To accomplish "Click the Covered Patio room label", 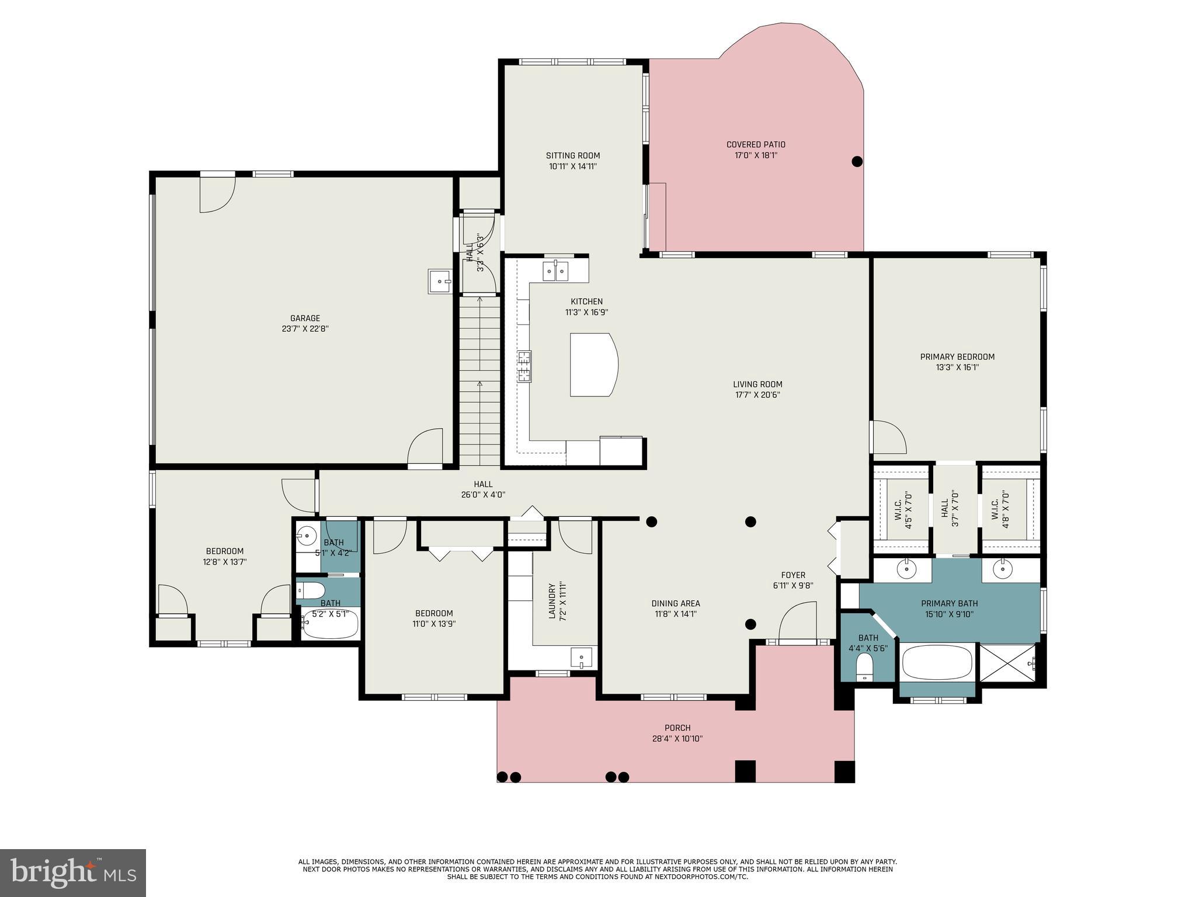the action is click(756, 144).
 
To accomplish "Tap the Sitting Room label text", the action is click(573, 155).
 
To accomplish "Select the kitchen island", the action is click(593, 365).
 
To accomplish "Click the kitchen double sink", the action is click(555, 271).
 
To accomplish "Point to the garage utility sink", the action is click(440, 281).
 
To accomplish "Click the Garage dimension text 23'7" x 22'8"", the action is click(305, 329).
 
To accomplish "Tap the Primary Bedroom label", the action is click(957, 357).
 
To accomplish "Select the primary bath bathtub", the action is click(937, 662).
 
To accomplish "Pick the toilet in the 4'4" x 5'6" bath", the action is click(864, 666).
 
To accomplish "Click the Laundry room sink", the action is click(582, 658).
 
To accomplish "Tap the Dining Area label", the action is click(676, 603).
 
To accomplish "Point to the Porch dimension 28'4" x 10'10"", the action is click(677, 739).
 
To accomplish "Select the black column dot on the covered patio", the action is click(857, 162).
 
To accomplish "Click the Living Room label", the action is click(757, 384).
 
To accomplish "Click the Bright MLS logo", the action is click(73, 872).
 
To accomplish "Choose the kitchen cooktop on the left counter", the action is click(524, 366).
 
